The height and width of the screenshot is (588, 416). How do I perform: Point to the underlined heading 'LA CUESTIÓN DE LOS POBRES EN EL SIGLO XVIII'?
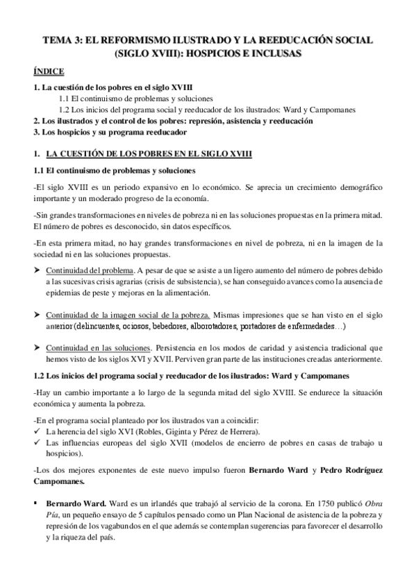(149, 153)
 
